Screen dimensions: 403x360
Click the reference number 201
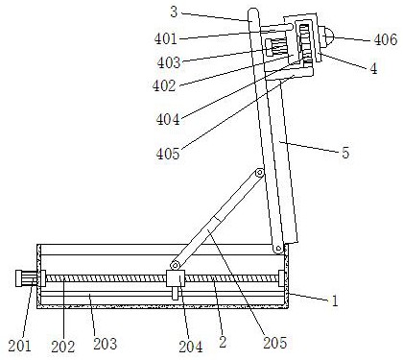[x=20, y=346]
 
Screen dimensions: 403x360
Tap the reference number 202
[x=62, y=347]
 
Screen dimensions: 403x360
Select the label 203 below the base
[x=105, y=344]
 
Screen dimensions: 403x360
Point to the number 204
[x=191, y=347]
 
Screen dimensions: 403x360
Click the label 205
[x=275, y=343]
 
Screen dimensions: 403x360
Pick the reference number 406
[x=386, y=39]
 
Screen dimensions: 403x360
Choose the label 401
[x=166, y=39]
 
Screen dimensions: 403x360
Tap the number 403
[x=169, y=62]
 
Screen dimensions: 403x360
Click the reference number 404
[x=168, y=119]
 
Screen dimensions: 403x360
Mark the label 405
[x=168, y=154]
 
